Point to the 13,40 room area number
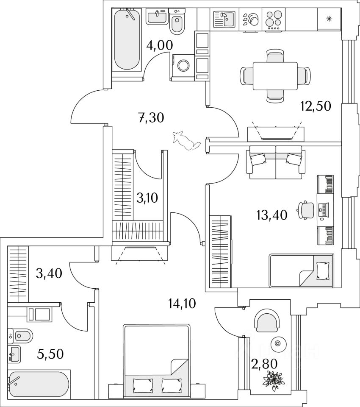coord(271,215)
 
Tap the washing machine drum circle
coord(184,66)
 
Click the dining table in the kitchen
coord(275,76)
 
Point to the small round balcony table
coord(278,343)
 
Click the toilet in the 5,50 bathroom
coord(21,337)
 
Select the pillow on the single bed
coord(323,270)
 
